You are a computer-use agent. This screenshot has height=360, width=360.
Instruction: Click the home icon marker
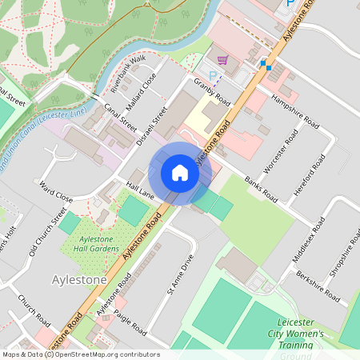[x=180, y=173]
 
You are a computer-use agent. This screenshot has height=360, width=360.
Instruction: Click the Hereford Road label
[x=318, y=173]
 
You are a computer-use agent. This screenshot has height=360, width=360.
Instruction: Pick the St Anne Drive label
[x=181, y=275]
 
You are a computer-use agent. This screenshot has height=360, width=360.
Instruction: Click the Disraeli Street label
[x=153, y=127]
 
